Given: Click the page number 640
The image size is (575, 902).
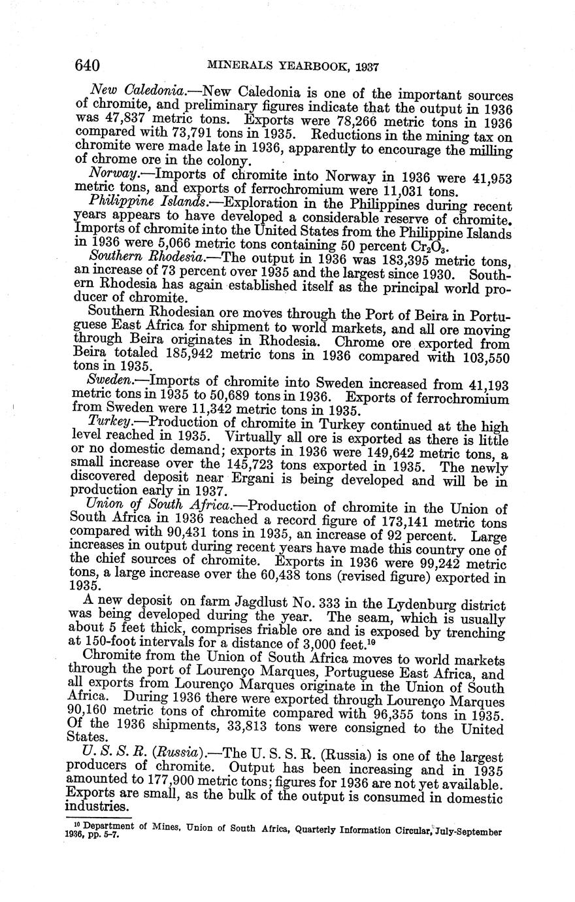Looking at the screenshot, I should (x=87, y=65).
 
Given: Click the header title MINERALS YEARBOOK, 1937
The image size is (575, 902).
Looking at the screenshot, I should (x=293, y=66).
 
